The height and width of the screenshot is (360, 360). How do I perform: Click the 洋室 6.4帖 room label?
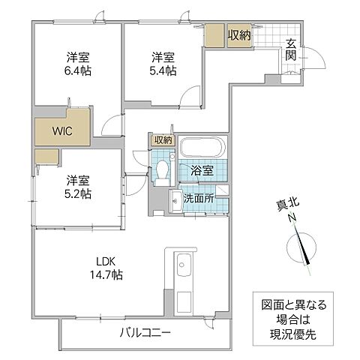74,63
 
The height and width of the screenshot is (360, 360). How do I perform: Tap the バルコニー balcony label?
145,332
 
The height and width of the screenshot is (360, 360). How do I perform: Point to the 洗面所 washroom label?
198,199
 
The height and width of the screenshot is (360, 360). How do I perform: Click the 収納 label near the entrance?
240,34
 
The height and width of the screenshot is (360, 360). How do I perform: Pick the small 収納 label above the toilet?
163,140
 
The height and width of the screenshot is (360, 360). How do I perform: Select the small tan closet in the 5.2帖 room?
46,156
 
